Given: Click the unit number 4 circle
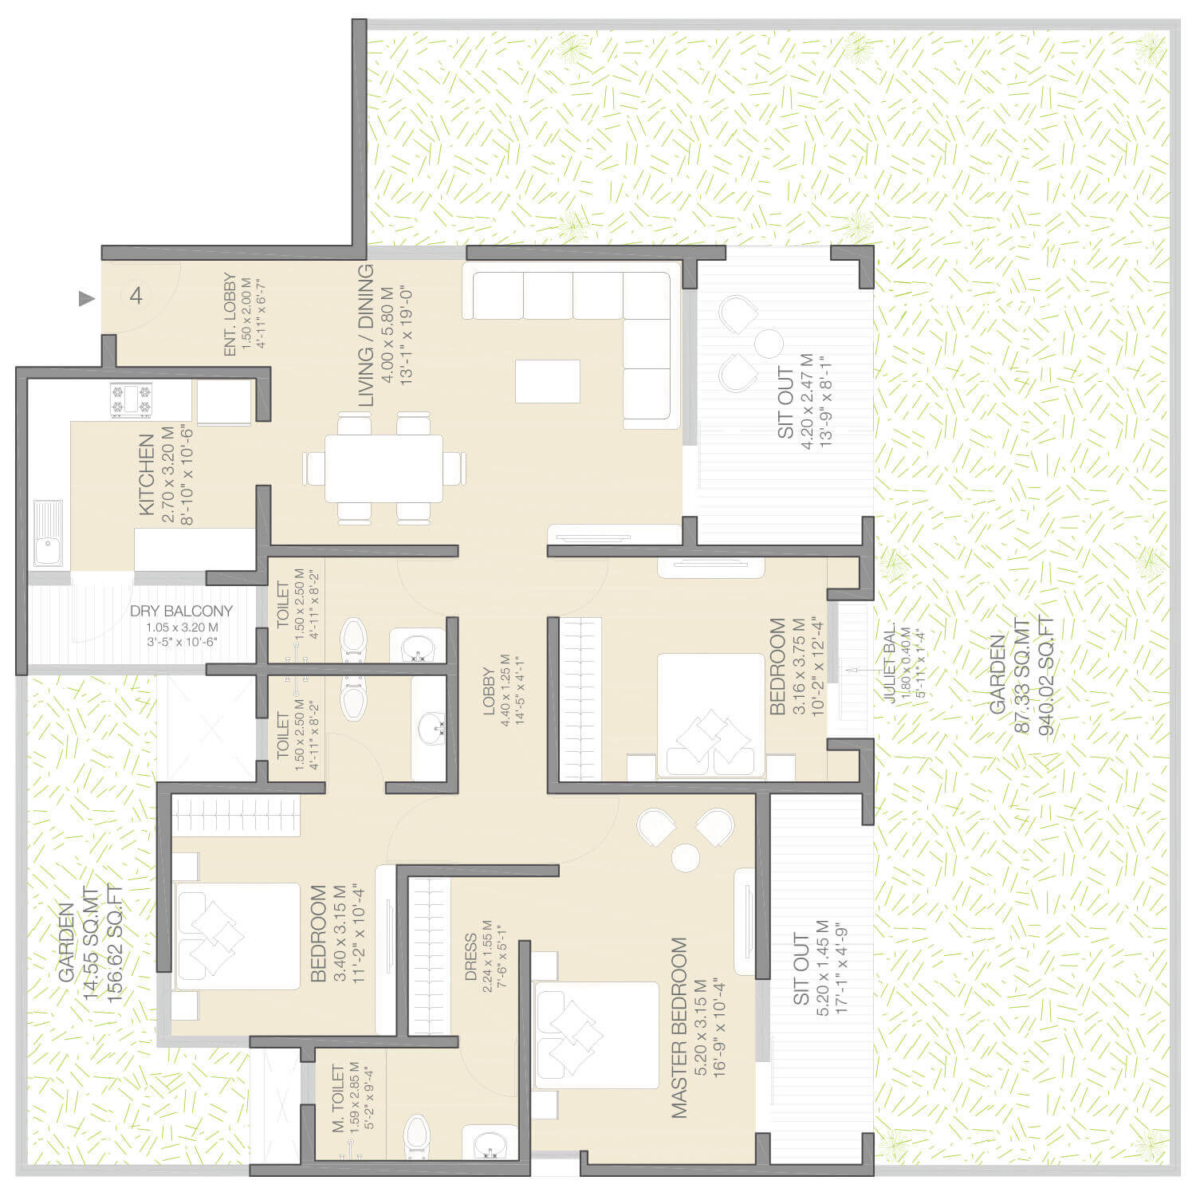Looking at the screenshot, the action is [x=136, y=296].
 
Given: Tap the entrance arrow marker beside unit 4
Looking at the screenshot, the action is [x=86, y=299].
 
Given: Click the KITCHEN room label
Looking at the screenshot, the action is [x=147, y=474].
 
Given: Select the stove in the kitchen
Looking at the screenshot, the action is [x=131, y=400].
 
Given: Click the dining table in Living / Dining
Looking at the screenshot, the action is [x=384, y=468].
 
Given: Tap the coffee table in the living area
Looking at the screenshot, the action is [x=547, y=381].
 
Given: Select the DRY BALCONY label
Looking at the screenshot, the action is [x=181, y=612].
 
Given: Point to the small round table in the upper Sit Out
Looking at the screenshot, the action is [x=769, y=344].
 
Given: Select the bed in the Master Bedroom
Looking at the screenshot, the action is [x=596, y=1035].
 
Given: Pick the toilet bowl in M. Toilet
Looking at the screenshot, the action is [x=415, y=1135].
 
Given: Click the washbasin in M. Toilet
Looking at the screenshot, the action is [x=487, y=1143].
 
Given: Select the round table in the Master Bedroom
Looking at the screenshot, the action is [x=686, y=858].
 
